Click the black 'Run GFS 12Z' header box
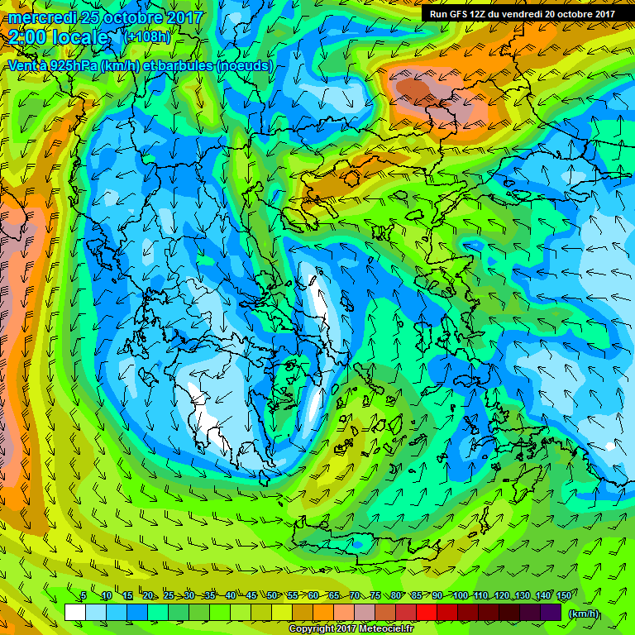(522, 14)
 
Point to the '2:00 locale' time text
(58, 38)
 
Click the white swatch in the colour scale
(74, 612)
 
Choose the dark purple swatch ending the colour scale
(551, 612)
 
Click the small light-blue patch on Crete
(358, 544)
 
